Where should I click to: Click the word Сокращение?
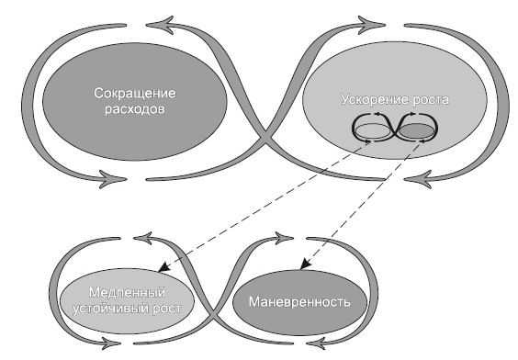pyautogui.click(x=135, y=94)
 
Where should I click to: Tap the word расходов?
pyautogui.click(x=135, y=109)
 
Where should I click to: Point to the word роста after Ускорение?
pyautogui.click(x=431, y=100)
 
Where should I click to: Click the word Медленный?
pyautogui.click(x=127, y=293)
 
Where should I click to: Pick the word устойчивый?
pyautogui.click(x=110, y=309)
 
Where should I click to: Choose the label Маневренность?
pyautogui.click(x=299, y=302)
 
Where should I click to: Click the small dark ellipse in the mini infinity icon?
pyautogui.click(x=416, y=131)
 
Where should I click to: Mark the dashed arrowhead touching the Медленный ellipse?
pyautogui.click(x=163, y=267)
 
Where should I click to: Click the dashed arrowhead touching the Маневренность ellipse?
pyautogui.click(x=305, y=264)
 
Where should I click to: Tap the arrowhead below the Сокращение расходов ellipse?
pyautogui.click(x=112, y=179)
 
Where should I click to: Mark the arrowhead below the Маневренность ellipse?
pyautogui.click(x=317, y=343)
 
